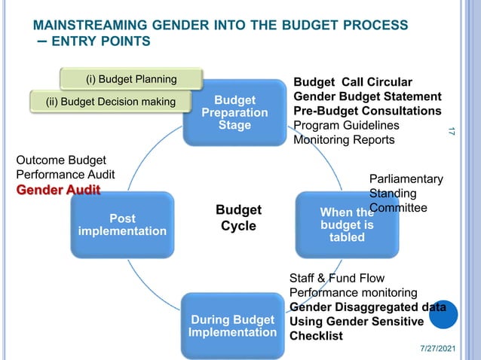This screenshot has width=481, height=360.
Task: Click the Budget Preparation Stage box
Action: [234, 111]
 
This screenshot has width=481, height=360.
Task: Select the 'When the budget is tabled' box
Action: [346, 225]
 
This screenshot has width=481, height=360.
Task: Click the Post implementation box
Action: [122, 224]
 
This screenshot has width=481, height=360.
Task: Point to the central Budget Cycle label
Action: [238, 218]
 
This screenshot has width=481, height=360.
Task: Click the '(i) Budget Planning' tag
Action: [131, 79]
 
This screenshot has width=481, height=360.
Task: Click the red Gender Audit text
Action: [58, 189]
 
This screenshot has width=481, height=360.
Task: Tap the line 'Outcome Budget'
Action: [61, 160]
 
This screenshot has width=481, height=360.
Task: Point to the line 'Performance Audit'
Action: [66, 174]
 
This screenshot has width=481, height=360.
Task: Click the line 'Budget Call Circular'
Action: [352, 82]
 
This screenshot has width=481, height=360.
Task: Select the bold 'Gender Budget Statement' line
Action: [367, 96]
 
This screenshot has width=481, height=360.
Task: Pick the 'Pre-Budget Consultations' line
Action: [367, 111]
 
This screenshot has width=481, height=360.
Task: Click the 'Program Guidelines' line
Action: [345, 125]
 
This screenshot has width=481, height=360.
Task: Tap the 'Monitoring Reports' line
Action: [343, 139]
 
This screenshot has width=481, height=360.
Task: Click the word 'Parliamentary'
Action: [406, 178]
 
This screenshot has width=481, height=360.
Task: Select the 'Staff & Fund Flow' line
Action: [337, 278]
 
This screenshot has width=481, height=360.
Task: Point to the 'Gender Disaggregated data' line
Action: [367, 307]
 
